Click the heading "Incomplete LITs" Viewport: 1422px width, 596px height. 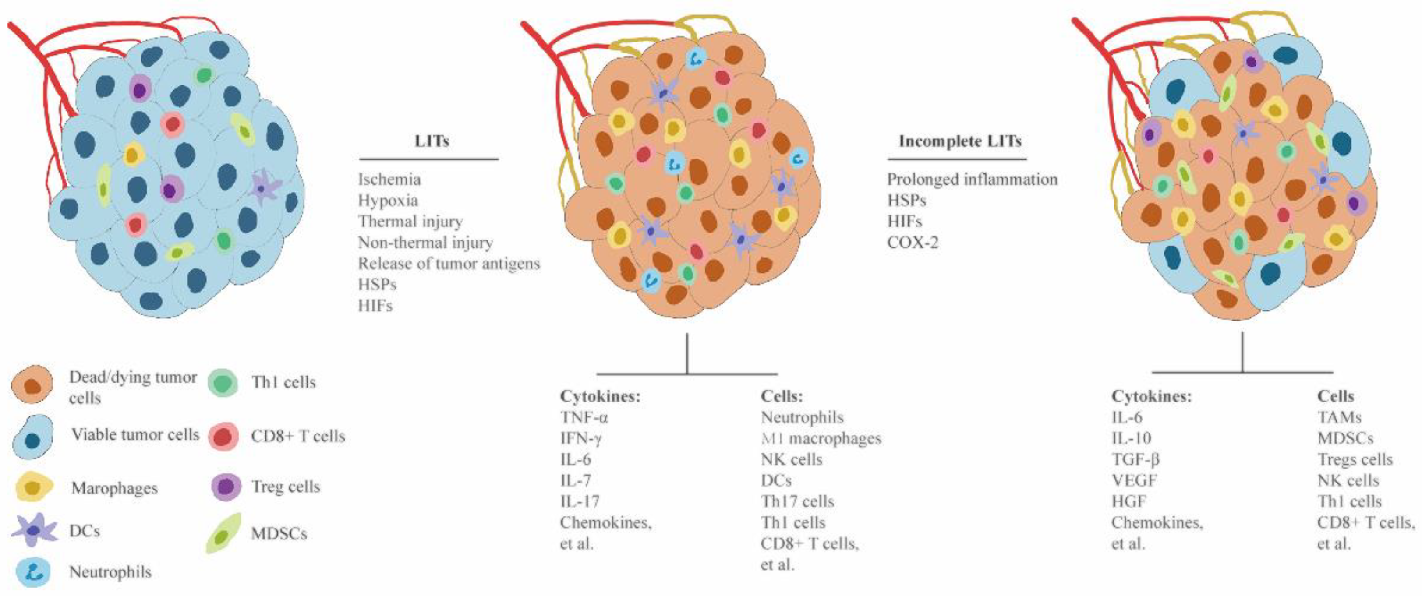pos(960,141)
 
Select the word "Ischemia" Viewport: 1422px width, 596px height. pos(389,180)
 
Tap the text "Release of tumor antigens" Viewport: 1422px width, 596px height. pos(449,263)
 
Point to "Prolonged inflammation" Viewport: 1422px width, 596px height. pos(972,180)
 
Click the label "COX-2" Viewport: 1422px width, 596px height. pos(913,242)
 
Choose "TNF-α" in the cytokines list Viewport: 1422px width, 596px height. pos(584,417)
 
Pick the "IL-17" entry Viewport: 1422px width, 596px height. pos(580,501)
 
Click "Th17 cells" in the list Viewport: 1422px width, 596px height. pos(797,501)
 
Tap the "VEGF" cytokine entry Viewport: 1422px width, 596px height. pos(1134,480)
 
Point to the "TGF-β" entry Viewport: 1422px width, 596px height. pos(1135,459)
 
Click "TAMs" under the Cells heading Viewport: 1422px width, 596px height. pos(1339,417)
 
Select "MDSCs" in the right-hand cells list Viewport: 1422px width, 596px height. pos(1345,438)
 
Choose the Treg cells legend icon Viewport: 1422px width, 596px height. pos(226,487)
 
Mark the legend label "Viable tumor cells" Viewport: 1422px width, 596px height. pos(135,435)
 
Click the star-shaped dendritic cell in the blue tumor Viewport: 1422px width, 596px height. pos(264,187)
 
